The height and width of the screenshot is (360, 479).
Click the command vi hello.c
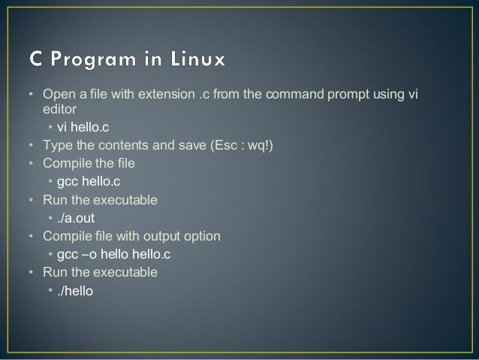(x=84, y=128)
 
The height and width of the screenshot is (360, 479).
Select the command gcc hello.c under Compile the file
(x=89, y=182)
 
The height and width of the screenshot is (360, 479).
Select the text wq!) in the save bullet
(x=259, y=146)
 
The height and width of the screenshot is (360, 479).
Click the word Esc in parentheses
(x=227, y=146)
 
